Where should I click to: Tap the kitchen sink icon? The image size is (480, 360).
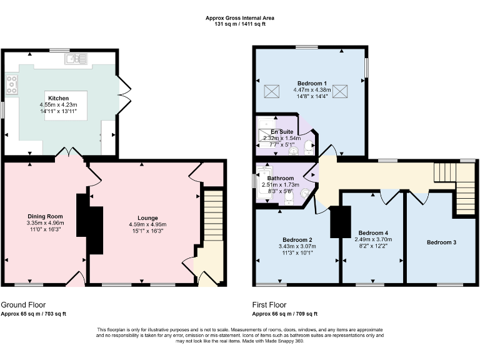(75, 59)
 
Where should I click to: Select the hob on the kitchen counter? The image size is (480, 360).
(11, 84)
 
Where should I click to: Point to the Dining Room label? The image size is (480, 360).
(46, 216)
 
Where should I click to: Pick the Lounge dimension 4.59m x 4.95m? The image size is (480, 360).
(147, 224)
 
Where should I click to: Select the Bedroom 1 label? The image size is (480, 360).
(311, 84)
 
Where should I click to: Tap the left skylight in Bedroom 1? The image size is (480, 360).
(272, 92)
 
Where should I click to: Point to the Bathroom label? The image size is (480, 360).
(281, 178)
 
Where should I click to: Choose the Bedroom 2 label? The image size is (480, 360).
(297, 240)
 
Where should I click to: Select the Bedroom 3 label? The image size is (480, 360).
(441, 242)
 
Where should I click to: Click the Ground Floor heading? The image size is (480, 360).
(23, 304)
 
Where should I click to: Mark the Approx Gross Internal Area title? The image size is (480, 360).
(240, 18)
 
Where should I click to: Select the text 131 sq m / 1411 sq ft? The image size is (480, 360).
(240, 24)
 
